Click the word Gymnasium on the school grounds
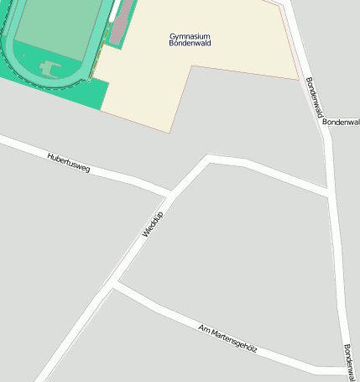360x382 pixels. pos(190,36)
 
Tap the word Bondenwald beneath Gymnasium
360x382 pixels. pos(190,44)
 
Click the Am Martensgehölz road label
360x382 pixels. pos(227,337)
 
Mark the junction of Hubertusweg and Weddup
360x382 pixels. pos(171,195)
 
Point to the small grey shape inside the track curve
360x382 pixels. pos(50,67)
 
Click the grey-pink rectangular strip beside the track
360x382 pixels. pos(121,22)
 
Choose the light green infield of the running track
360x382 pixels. pos(59,29)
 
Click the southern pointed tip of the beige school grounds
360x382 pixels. pos(170,132)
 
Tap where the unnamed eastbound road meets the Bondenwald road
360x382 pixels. pos(327,194)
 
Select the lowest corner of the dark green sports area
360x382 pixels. pos(102,110)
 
